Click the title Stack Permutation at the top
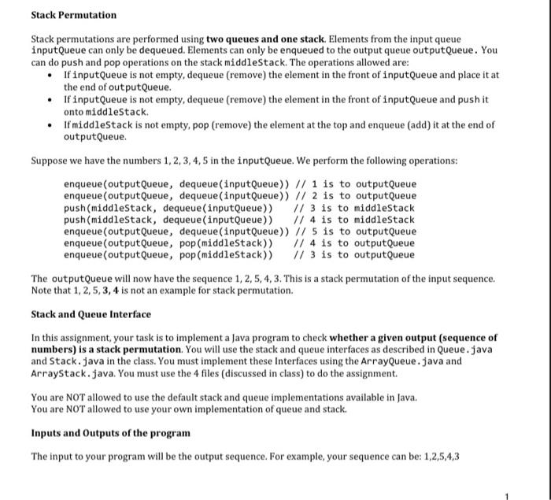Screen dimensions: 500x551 point(73,15)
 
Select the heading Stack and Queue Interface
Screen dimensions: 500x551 point(91,315)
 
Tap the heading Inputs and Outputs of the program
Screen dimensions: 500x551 point(110,433)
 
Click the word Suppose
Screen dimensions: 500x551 point(50,161)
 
